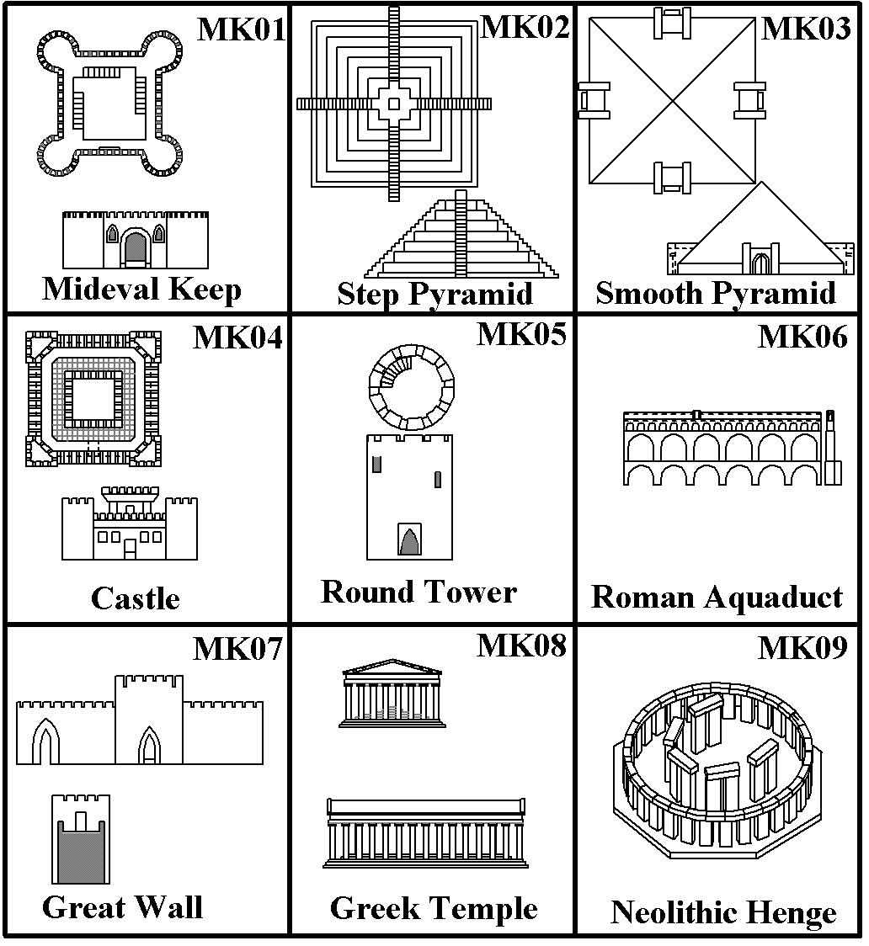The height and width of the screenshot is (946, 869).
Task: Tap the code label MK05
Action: [521, 334]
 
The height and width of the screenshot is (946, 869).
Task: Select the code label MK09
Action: [802, 648]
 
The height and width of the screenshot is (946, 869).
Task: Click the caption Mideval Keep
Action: [141, 290]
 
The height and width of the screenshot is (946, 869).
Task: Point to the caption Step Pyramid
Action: [434, 294]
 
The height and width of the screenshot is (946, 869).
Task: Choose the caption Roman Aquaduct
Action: [717, 597]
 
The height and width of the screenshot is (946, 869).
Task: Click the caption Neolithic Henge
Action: [723, 912]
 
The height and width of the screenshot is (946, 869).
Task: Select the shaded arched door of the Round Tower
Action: [409, 540]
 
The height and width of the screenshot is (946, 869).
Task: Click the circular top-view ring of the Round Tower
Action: [411, 386]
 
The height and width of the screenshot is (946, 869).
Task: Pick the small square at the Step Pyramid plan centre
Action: [393, 104]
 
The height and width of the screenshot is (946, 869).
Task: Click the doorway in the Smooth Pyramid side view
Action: [761, 263]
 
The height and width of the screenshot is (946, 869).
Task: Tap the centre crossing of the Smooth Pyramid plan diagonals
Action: [672, 102]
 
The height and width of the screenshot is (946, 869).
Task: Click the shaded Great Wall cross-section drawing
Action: [80, 850]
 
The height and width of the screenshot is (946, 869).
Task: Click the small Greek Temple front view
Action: [392, 694]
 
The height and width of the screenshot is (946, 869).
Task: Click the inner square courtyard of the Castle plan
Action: [93, 398]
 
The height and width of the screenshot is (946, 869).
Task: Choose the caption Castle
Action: [135, 599]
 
